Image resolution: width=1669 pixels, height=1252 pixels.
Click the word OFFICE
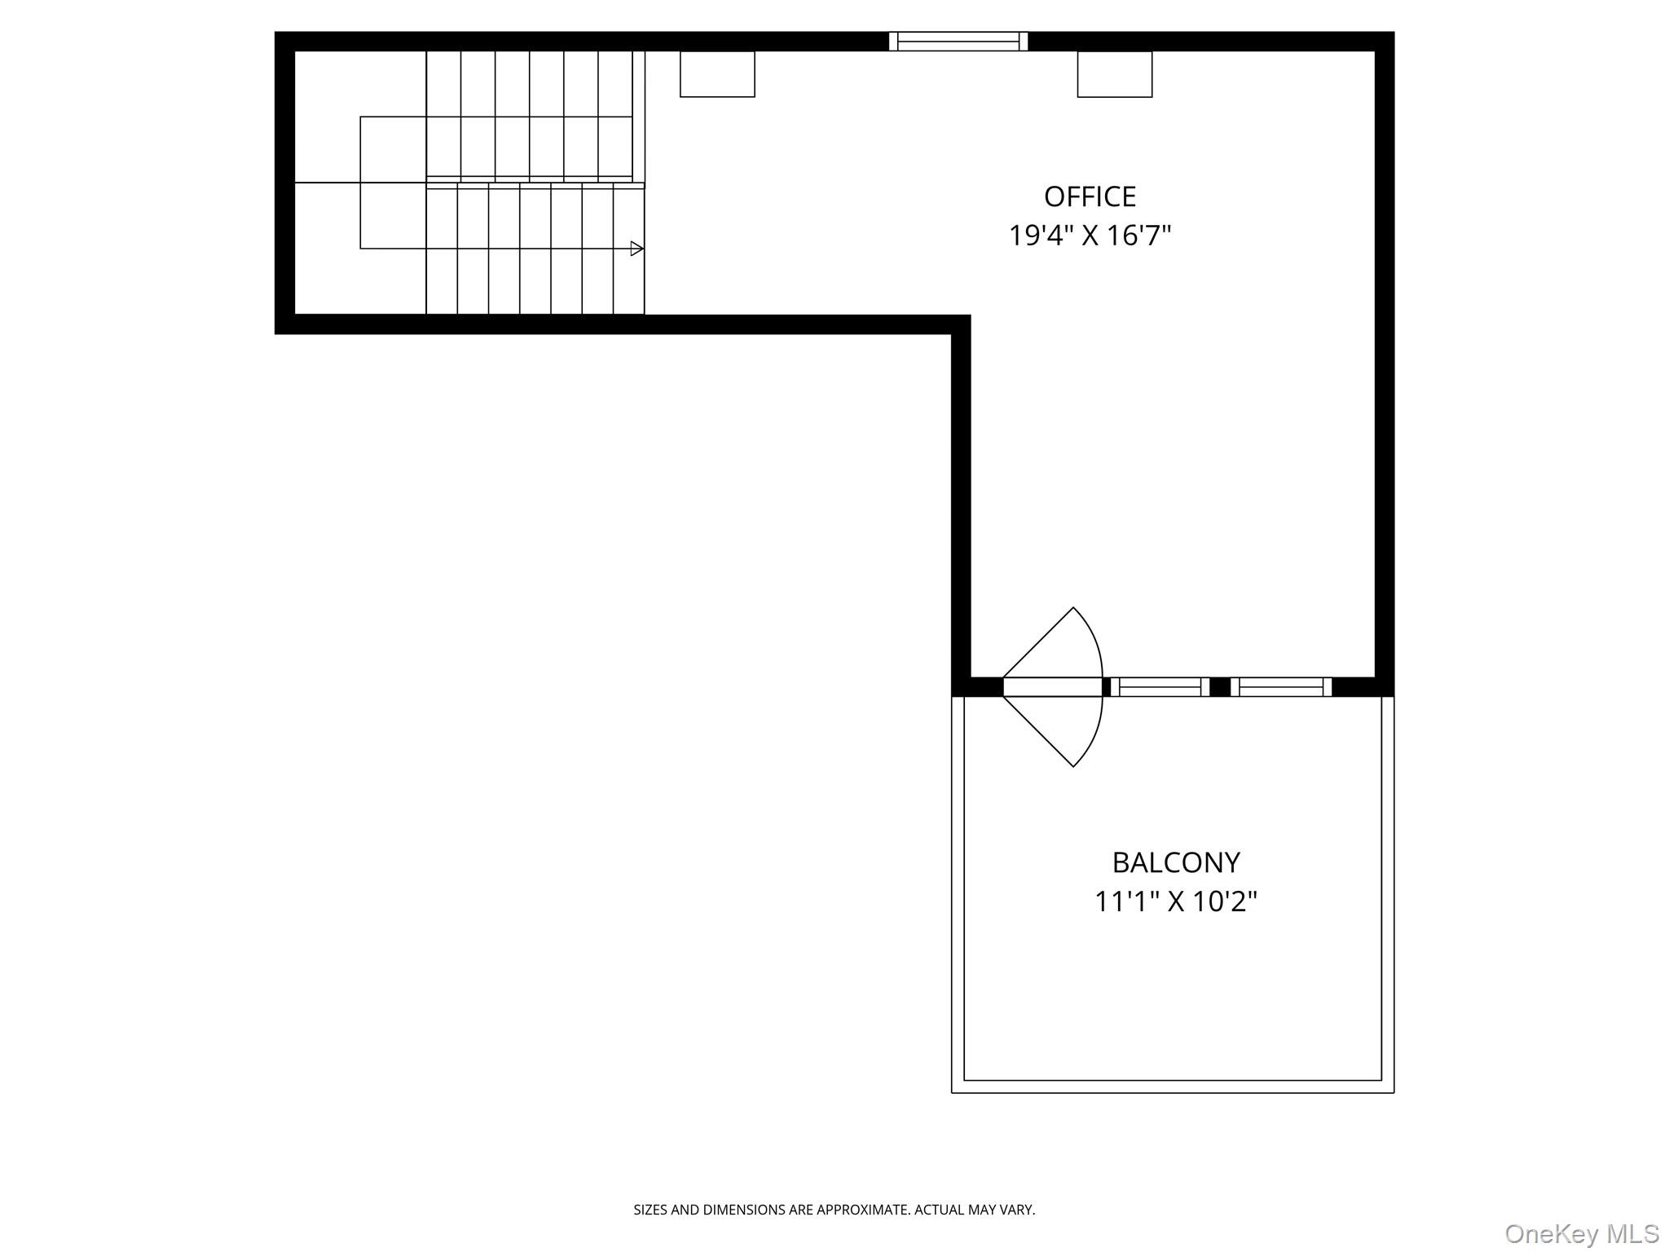click(x=1090, y=197)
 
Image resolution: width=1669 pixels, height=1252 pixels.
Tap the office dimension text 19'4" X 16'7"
click(x=1090, y=236)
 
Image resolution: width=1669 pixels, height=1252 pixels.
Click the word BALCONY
click(x=1175, y=862)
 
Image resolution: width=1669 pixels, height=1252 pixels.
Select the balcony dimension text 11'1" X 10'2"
click(x=1175, y=902)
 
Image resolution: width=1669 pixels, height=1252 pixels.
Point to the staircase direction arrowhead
click(x=636, y=249)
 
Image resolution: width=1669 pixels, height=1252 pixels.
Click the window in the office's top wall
click(x=958, y=42)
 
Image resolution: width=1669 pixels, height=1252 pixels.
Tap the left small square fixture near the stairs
click(x=717, y=74)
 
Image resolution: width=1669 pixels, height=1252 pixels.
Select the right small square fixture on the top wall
click(x=1114, y=74)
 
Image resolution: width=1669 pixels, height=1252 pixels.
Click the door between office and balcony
click(x=1051, y=687)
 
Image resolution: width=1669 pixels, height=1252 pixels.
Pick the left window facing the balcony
click(x=1160, y=687)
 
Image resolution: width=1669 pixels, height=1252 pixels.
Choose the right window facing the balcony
click(x=1280, y=687)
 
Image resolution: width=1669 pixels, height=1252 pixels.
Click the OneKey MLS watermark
click(x=1581, y=1233)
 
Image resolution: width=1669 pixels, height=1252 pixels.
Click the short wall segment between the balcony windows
click(x=1220, y=687)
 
